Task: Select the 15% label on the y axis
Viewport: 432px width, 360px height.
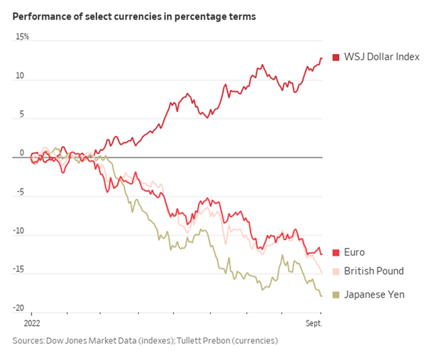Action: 22,37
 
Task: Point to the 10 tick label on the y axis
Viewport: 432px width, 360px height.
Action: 20,76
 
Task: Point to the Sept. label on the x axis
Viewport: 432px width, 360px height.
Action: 313,323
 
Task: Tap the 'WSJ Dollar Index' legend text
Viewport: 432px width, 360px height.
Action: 382,57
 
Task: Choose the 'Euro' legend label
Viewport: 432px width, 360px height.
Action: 354,253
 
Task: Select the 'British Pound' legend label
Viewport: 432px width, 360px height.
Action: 374,271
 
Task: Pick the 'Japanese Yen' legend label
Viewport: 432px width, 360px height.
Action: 374,295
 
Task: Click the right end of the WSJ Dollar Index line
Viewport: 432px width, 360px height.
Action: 321,58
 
